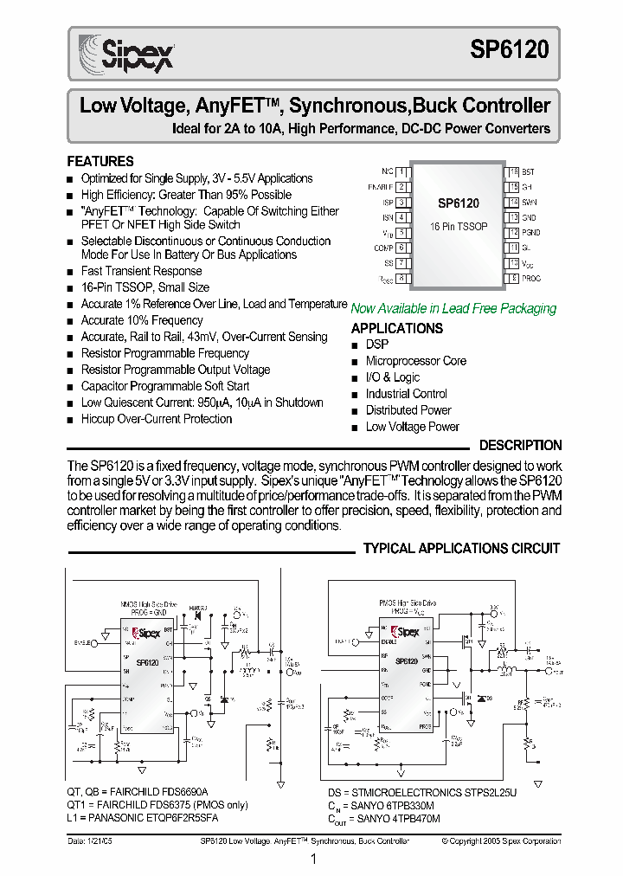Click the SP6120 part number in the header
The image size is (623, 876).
point(509,50)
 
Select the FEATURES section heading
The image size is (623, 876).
point(100,161)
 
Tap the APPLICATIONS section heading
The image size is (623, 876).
point(396,328)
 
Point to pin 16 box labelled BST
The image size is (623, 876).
point(513,172)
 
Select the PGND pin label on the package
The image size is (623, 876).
point(531,232)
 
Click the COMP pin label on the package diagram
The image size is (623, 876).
point(383,248)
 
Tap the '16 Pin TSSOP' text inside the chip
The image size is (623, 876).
point(459,226)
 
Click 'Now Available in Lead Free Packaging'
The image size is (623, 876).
point(453,308)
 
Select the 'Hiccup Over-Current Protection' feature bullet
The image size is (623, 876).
point(157,419)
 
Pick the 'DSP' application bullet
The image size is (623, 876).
point(377,345)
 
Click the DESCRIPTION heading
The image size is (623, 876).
point(520,445)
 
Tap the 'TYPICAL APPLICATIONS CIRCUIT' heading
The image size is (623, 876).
point(461,548)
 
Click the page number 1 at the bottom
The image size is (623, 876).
point(312,859)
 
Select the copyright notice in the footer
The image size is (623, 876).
point(500,841)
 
